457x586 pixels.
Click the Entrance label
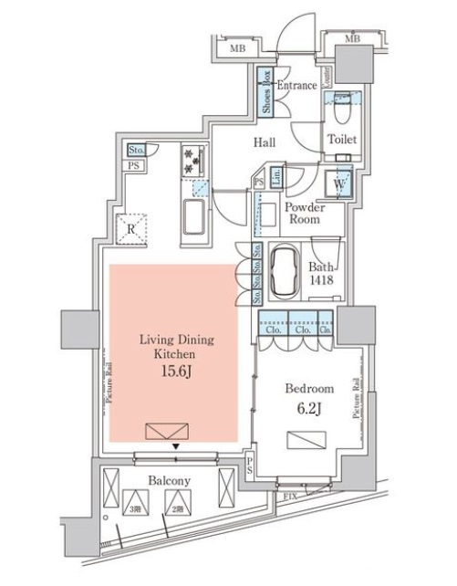coord(296,86)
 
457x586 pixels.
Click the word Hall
coord(265,141)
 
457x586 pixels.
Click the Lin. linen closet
coord(273,178)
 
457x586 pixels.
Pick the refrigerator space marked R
coord(132,229)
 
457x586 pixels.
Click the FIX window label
coord(289,496)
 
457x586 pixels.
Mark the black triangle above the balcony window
coord(174,446)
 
